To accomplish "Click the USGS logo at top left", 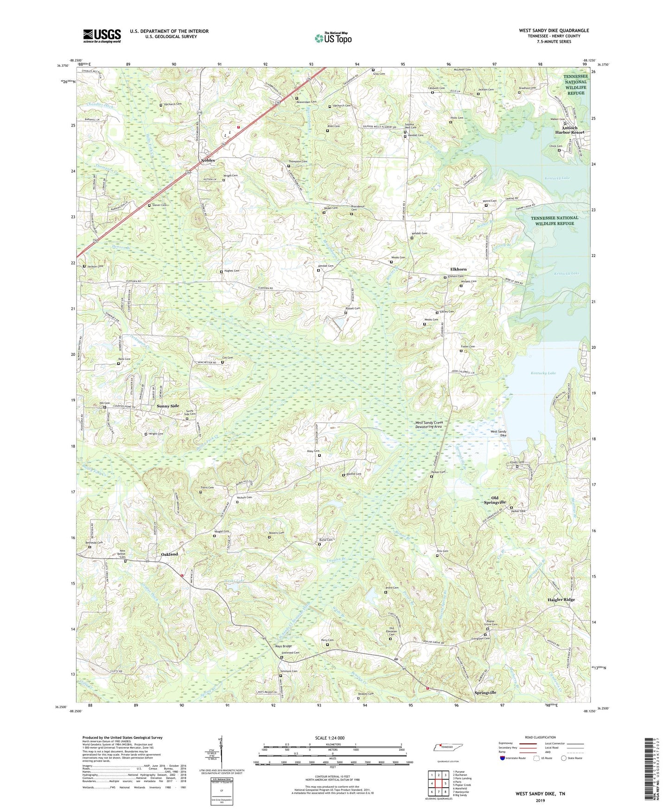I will (x=102, y=35).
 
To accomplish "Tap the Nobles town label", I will (x=208, y=161).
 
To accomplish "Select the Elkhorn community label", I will (x=459, y=269).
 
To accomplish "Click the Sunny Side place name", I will (x=168, y=406).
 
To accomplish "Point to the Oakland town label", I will (x=169, y=554).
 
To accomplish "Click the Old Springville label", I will (x=495, y=500).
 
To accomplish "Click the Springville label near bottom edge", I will (x=485, y=693).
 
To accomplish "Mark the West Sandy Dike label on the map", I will (x=498, y=433).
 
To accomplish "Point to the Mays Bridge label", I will (x=283, y=646).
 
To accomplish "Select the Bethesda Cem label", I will (x=93, y=542).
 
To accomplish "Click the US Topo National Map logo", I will (x=332, y=38).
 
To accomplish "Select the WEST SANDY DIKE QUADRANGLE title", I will (x=554, y=31).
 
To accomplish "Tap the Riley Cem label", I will (x=313, y=451).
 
